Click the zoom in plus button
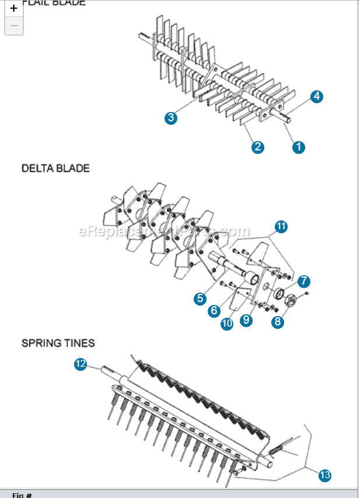[14, 9]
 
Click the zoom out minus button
[14, 26]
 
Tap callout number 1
[299, 147]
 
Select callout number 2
[257, 147]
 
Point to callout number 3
[170, 118]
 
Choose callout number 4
[316, 97]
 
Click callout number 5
[200, 298]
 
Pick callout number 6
[214, 311]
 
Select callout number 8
[278, 321]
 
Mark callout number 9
[247, 320]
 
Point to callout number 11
[281, 227]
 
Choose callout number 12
[81, 364]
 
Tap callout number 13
[325, 475]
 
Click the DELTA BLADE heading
[55, 169]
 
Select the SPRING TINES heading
[58, 343]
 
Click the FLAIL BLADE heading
[54, 3]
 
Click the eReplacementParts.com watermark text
[163, 232]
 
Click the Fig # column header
[22, 495]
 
